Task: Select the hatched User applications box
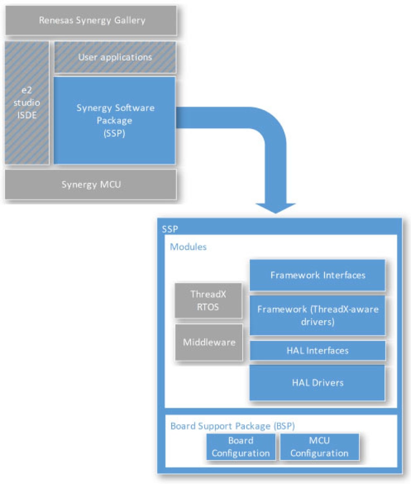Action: click(115, 57)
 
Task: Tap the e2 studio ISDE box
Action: click(27, 103)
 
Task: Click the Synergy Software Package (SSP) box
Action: click(115, 120)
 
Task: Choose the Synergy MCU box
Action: click(91, 185)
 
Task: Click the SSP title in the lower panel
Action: click(170, 229)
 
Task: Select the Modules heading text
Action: click(188, 247)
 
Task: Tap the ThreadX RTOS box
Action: click(208, 301)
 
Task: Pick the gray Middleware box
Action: click(209, 342)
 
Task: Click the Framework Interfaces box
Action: click(317, 275)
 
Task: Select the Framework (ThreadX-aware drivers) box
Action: click(317, 315)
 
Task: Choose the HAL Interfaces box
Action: click(317, 351)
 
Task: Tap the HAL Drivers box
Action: click(317, 383)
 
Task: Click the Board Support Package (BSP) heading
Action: click(232, 426)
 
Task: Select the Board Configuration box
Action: click(241, 447)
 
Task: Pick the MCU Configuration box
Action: click(319, 447)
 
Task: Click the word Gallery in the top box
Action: click(130, 21)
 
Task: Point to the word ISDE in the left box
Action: click(27, 115)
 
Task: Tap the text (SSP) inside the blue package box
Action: click(115, 133)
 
